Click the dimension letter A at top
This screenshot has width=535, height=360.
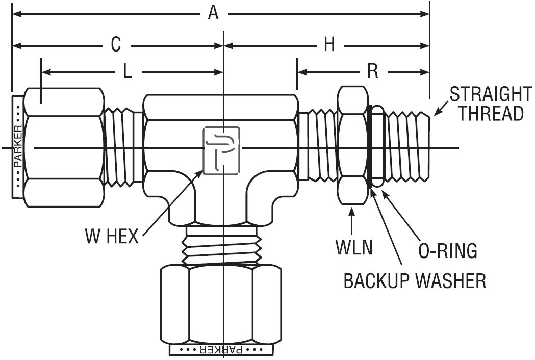coord(213,14)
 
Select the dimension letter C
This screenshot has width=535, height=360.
coord(116,45)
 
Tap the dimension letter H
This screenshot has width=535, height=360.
coord(329,45)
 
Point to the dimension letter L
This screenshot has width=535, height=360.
coord(128,72)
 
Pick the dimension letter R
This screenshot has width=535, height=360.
coord(373,71)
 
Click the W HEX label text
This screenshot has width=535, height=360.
coord(112,236)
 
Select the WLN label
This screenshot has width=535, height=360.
coord(354,247)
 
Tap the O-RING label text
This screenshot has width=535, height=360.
coord(448,251)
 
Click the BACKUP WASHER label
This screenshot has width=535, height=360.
coord(415,281)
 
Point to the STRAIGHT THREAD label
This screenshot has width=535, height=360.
coord(491,104)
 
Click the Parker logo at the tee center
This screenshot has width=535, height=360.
coord(221,150)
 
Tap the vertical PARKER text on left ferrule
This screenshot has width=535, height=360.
coord(18,147)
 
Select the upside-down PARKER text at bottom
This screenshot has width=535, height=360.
coord(222,350)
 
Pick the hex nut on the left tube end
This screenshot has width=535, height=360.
coord(64,147)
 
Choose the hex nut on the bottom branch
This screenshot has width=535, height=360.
coord(221,304)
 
